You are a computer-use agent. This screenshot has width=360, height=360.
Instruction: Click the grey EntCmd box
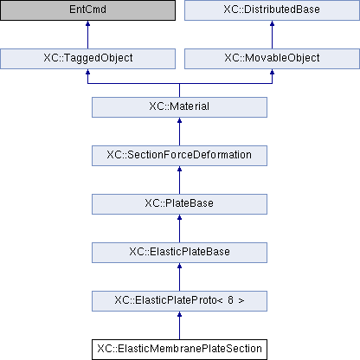[x=87, y=10]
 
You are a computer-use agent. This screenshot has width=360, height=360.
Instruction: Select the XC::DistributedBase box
[x=272, y=10]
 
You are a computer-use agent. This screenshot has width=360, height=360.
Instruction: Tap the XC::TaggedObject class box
[x=87, y=59]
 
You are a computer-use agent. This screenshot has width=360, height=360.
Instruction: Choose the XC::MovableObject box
[x=272, y=59]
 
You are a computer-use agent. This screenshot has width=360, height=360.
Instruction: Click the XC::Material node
[x=179, y=107]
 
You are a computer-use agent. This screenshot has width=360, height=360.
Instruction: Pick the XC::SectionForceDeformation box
[x=179, y=156]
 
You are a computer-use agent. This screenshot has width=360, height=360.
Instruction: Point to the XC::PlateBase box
[x=179, y=204]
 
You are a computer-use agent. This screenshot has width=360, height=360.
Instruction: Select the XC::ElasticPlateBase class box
[x=179, y=253]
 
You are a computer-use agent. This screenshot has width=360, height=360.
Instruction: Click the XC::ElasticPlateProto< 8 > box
[x=179, y=301]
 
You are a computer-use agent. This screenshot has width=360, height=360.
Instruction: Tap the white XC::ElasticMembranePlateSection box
[x=179, y=350]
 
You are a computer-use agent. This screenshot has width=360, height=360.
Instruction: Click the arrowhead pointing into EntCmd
[x=87, y=23]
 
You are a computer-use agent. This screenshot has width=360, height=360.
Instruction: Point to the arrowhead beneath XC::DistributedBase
[x=272, y=23]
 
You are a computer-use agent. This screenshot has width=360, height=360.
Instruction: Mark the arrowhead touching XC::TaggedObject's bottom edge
[x=87, y=72]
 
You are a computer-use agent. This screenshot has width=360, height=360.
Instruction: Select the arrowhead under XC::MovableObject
[x=272, y=72]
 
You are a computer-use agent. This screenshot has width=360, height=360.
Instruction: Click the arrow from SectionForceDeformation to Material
[x=179, y=132]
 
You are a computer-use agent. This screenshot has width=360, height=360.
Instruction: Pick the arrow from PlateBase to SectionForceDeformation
[x=179, y=180]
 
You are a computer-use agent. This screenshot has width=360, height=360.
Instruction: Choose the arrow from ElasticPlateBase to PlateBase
[x=179, y=228]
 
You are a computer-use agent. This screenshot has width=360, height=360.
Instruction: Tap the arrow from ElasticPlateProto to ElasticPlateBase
[x=179, y=277]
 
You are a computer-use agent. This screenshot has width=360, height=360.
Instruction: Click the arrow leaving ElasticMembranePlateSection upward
[x=179, y=325]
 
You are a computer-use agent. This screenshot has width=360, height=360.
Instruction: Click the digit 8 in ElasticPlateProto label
[x=230, y=300]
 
